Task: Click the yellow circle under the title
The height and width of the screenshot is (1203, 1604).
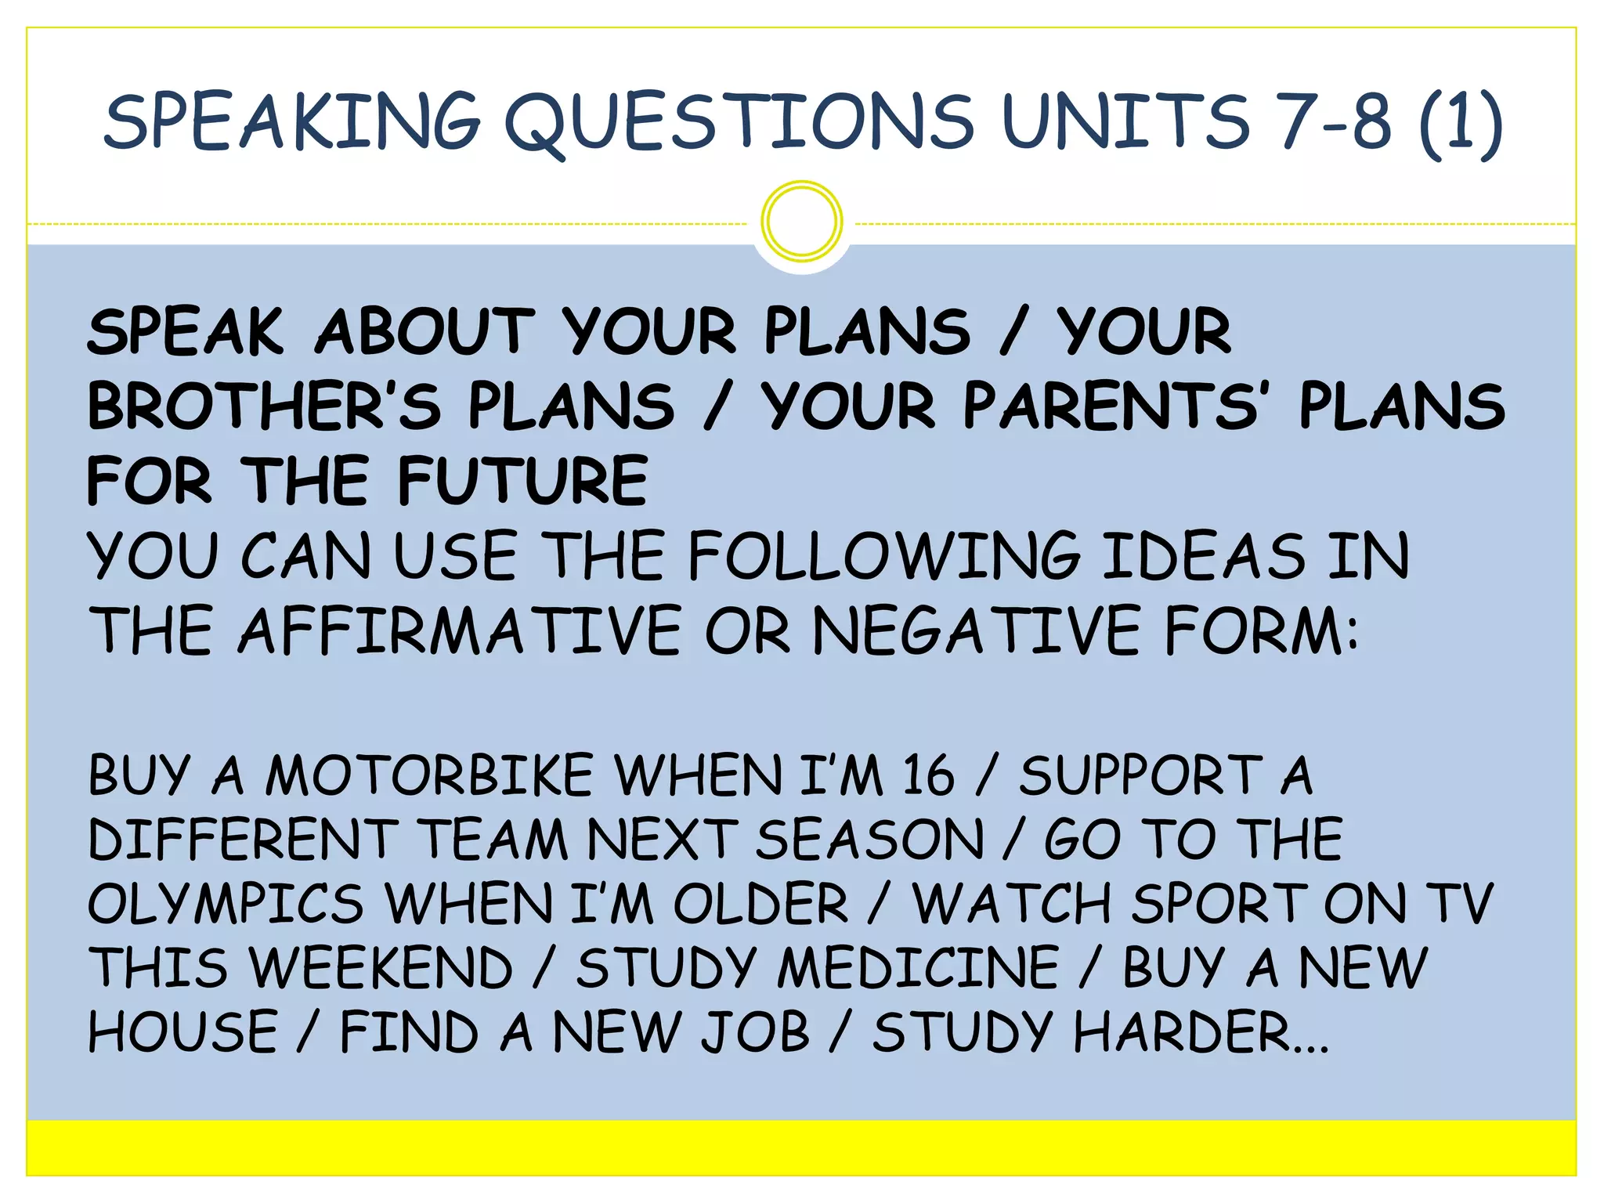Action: point(801,221)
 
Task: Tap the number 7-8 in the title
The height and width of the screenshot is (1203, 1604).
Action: point(1336,122)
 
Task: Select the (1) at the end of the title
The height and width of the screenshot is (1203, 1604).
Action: point(1461,122)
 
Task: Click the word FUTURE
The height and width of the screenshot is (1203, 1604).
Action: point(523,481)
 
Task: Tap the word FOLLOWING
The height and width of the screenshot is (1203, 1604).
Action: point(885,556)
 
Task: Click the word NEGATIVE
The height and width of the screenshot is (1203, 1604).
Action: point(976,631)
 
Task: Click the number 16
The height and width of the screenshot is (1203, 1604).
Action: point(929,776)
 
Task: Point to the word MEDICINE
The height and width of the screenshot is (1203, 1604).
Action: point(919,968)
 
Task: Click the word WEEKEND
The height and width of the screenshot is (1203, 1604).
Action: point(381,968)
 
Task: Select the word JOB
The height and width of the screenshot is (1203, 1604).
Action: point(755,1032)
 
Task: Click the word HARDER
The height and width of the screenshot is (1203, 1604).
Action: point(1183,1032)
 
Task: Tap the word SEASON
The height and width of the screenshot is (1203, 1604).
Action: point(870,840)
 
